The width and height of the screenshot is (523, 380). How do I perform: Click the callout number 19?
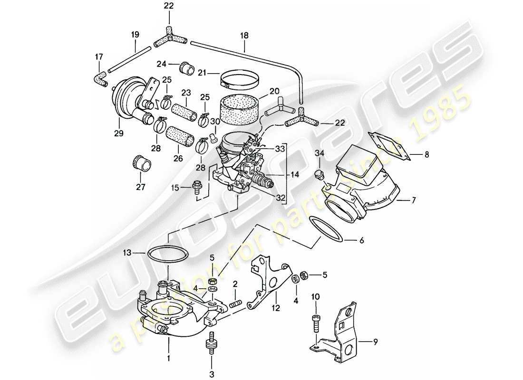[135, 34]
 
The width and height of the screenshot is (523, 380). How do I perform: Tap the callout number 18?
[244, 35]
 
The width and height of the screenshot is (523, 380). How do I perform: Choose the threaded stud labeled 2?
[235, 303]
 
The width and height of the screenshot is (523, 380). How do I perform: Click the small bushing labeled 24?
[186, 68]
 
